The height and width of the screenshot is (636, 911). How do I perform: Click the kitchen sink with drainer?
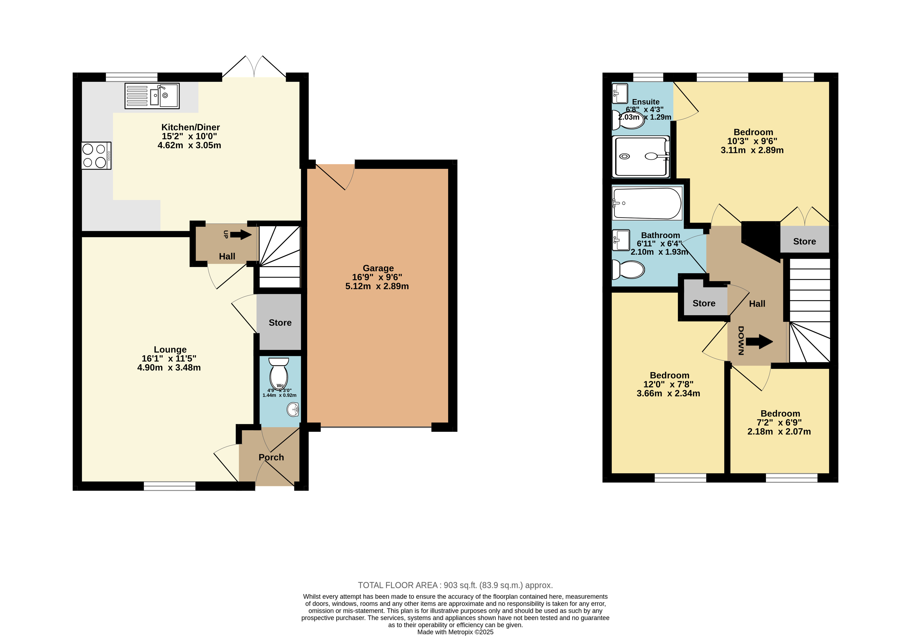click(x=152, y=96)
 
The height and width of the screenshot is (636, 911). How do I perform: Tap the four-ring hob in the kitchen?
click(x=96, y=156)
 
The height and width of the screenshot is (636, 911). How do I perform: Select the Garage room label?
click(x=378, y=268)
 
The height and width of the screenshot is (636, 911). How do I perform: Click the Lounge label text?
click(x=170, y=349)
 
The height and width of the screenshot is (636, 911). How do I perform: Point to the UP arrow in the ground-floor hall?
click(x=241, y=235)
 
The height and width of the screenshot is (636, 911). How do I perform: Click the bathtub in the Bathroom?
click(x=647, y=203)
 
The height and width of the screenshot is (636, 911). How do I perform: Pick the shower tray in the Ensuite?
click(x=641, y=156)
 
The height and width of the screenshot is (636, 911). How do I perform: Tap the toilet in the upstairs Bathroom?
click(x=628, y=269)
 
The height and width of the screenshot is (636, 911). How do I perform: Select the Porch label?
click(x=271, y=457)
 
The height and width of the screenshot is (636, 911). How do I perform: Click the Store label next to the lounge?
click(x=280, y=323)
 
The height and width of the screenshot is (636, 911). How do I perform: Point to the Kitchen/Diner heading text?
click(x=190, y=127)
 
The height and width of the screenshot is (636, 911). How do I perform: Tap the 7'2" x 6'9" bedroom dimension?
click(x=779, y=423)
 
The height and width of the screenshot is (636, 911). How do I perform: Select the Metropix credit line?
click(x=456, y=632)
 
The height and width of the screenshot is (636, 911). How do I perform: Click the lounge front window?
click(x=169, y=486)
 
